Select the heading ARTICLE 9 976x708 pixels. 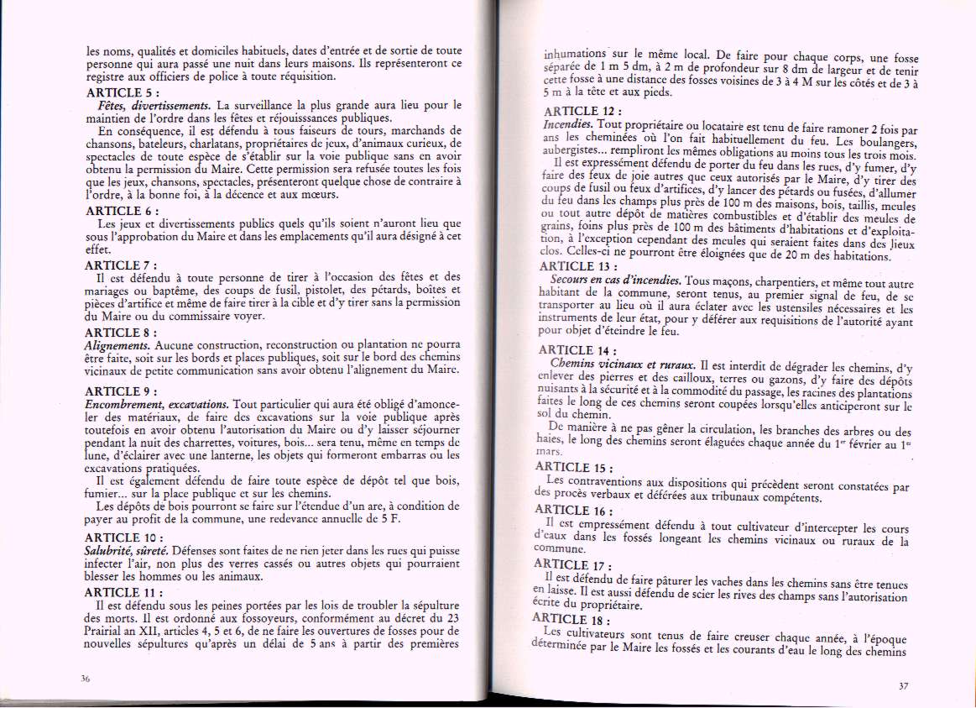[123, 391]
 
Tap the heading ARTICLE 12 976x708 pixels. [582, 111]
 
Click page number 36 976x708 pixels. [86, 680]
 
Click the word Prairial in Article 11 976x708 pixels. [107, 632]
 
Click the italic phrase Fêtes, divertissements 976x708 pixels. [154, 106]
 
